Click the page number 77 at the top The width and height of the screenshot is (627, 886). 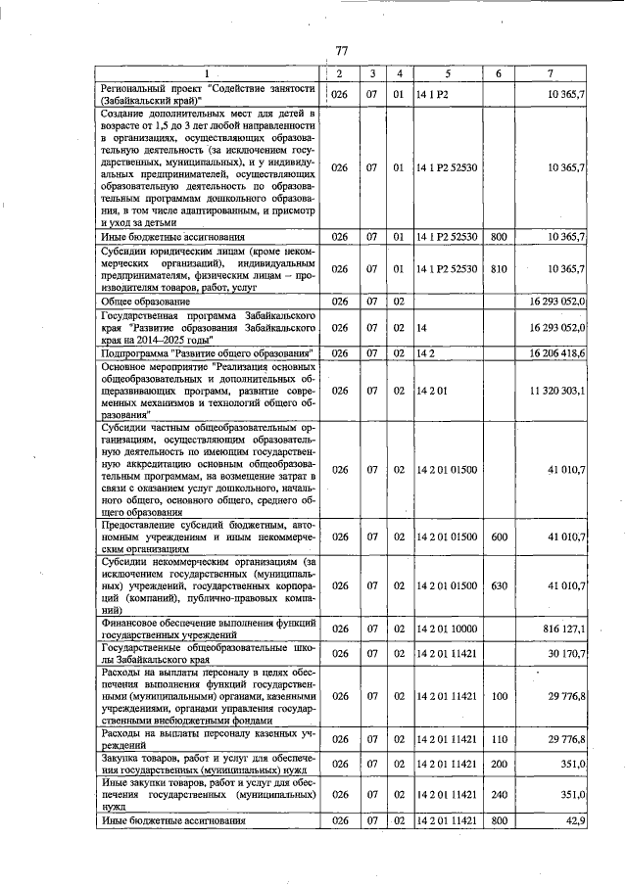click(x=342, y=51)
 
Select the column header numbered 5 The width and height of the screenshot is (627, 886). click(x=446, y=74)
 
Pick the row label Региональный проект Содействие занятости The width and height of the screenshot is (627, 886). click(x=208, y=94)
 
